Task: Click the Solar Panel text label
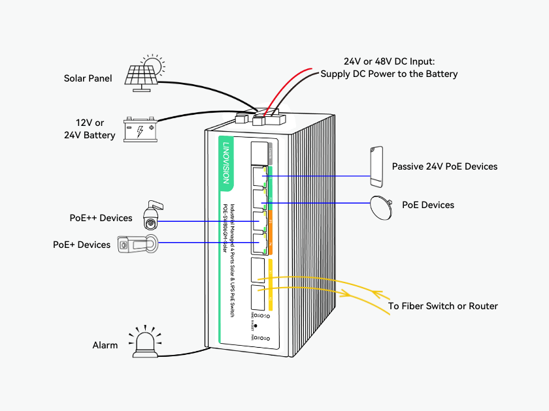coord(88,78)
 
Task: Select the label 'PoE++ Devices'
coord(101,218)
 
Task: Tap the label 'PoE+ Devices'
coord(82,245)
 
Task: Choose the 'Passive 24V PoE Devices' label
coord(444,166)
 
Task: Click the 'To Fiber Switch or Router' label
coord(442,306)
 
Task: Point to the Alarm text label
coord(105,345)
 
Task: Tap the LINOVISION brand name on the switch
coord(226,162)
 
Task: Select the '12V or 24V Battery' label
coord(90,129)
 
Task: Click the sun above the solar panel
coord(153,65)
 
